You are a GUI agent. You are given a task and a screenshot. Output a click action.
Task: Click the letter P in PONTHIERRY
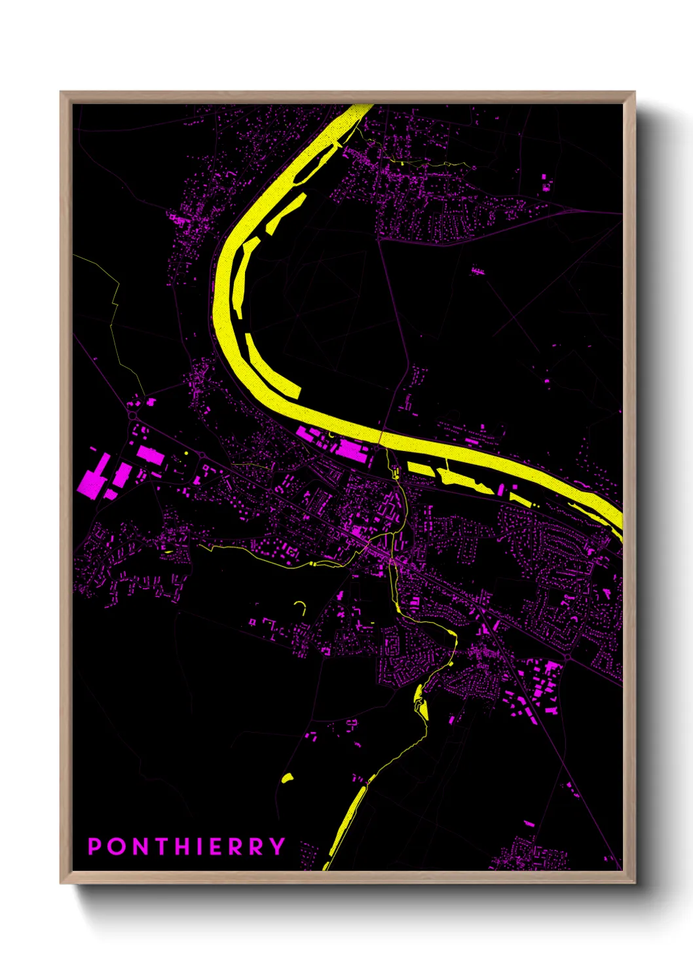click(95, 847)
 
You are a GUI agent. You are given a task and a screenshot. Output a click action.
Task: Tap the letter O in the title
click(119, 847)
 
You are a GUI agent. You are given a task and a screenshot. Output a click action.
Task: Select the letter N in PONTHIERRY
click(143, 847)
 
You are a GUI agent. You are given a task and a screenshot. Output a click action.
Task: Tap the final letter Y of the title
click(278, 847)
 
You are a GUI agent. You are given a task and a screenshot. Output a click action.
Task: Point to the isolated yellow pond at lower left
click(287, 778)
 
